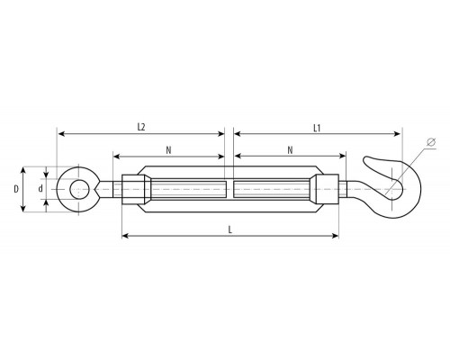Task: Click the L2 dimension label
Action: [x=141, y=127]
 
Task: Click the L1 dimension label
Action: [x=317, y=129]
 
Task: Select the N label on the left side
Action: [x=168, y=150]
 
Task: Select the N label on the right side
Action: [x=290, y=150]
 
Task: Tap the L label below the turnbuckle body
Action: [x=230, y=229]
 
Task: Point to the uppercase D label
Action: [x=16, y=189]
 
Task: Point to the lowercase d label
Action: [x=40, y=189]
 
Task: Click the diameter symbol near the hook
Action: [x=431, y=142]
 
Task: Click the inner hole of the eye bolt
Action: [x=79, y=189]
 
